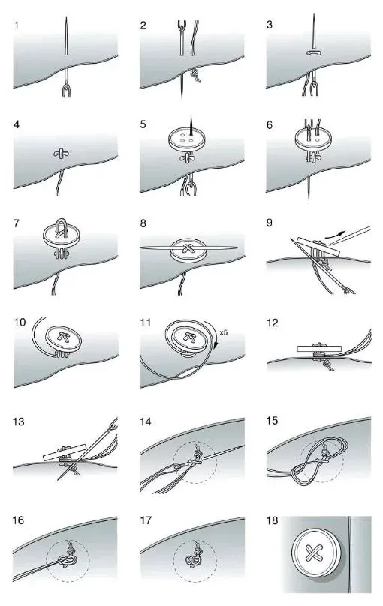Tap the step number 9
(x=271, y=223)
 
